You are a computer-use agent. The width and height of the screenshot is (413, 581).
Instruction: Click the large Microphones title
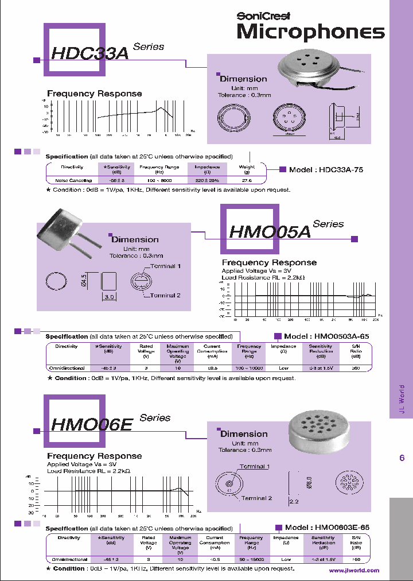pos(310,32)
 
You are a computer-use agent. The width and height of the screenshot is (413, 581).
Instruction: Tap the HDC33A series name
pos(89,53)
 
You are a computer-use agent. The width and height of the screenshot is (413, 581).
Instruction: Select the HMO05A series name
pos(269,231)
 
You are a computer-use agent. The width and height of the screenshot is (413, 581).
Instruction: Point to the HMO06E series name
pos(92,424)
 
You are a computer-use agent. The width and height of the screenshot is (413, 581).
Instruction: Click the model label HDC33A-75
pos(326,170)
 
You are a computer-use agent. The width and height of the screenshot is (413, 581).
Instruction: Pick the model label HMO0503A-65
pos(326,336)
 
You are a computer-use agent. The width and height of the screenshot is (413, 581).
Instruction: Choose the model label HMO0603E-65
pos(327,527)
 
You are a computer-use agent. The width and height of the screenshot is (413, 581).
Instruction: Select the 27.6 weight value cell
pos(247,180)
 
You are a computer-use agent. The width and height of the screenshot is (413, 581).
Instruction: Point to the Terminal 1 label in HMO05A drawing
pos(166,266)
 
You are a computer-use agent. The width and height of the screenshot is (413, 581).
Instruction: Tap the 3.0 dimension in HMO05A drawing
pos(109,297)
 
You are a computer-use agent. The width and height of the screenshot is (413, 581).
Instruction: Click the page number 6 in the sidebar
pos(402,458)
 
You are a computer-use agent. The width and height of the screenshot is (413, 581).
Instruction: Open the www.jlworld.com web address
pos(354,571)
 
